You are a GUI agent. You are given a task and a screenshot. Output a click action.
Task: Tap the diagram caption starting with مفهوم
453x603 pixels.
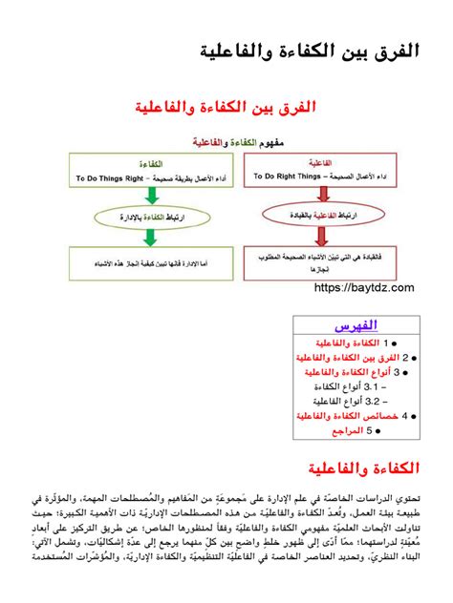(226, 141)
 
